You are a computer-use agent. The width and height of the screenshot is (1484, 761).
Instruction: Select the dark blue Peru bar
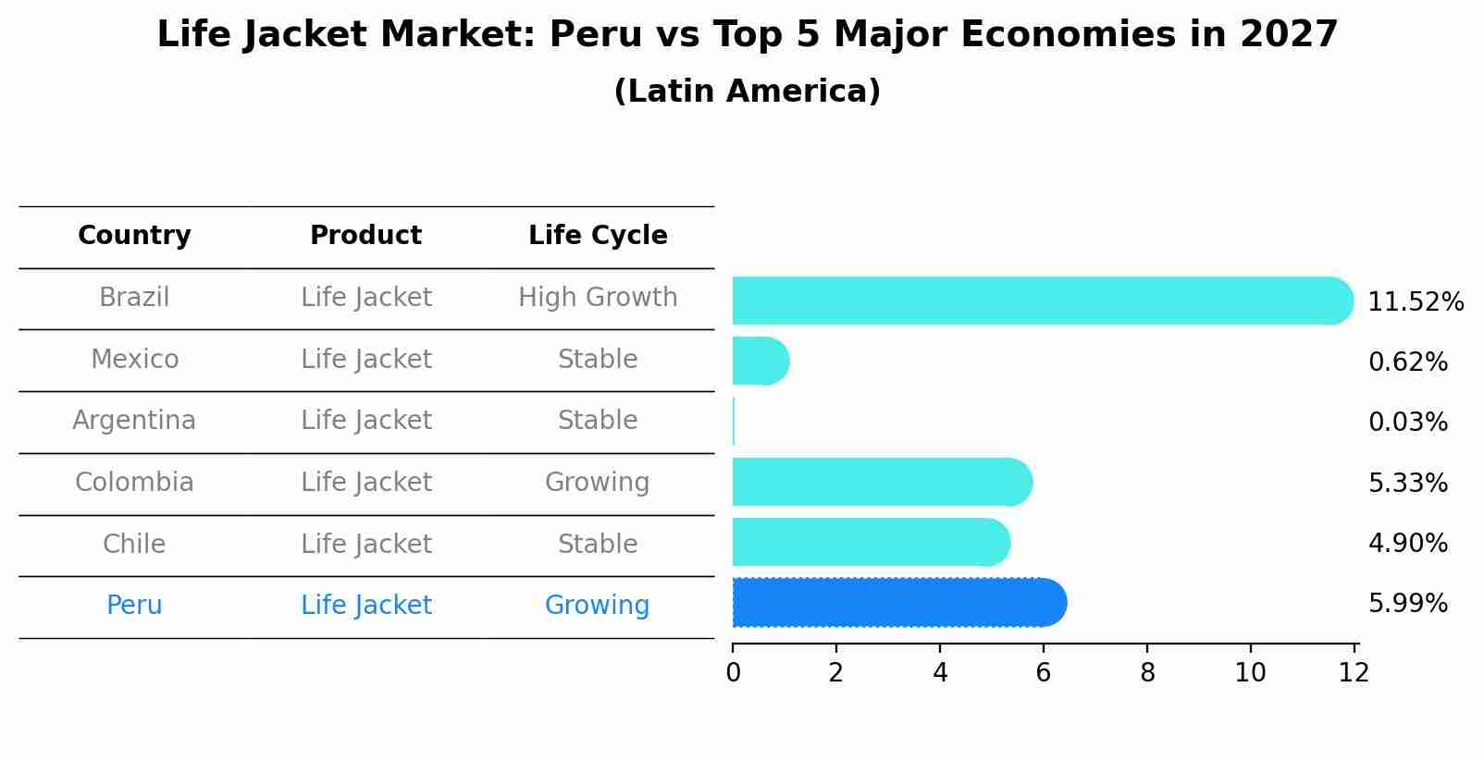pos(897,603)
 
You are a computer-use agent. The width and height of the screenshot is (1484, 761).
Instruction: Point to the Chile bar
pos(870,542)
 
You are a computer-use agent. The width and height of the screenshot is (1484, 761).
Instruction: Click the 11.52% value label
pos(1416,302)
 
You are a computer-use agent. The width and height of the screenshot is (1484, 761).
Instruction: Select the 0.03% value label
pos(1407,423)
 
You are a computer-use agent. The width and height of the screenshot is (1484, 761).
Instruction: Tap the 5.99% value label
pos(1407,604)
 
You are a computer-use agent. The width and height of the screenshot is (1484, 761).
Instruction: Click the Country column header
pos(134,236)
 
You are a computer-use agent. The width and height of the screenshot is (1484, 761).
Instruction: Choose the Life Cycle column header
pos(598,236)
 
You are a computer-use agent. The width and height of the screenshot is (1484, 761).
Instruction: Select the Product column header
pos(365,236)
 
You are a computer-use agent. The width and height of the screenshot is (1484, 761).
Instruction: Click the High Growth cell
pos(598,298)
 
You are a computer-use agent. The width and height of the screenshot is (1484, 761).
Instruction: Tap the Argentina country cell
pos(134,421)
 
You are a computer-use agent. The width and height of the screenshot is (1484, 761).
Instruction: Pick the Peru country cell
pos(134,606)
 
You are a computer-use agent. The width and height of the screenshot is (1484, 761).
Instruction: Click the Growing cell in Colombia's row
pos(597,483)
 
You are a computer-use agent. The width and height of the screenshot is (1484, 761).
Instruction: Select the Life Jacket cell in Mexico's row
pos(365,360)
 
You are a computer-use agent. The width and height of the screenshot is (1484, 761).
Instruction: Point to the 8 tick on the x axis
pos(1147,673)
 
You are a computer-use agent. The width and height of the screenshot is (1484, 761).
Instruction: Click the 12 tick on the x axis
pos(1354,673)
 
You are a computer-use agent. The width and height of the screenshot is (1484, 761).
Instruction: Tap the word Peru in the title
pos(596,35)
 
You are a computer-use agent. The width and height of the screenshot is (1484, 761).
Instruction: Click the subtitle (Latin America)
pos(747,92)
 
